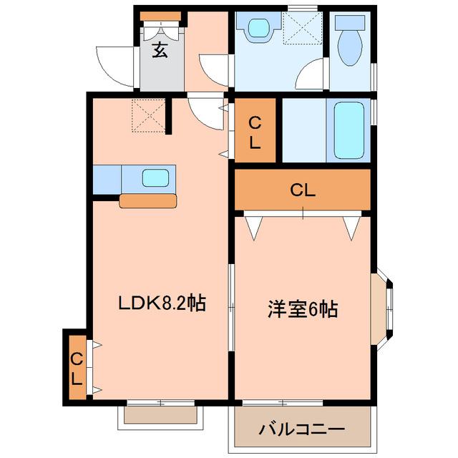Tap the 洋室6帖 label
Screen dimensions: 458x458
coord(303,309)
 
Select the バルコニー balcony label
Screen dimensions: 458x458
coord(301,430)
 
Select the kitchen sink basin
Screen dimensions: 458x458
coord(155,178)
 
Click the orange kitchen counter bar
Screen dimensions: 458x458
coord(147,200)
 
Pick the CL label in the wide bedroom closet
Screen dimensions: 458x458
coord(303,190)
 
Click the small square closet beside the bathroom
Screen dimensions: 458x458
coord(255,132)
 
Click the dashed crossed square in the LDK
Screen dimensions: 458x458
coord(148,116)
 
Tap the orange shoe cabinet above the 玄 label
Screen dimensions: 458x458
coord(160,16)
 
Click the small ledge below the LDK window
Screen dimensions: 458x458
coord(160,414)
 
